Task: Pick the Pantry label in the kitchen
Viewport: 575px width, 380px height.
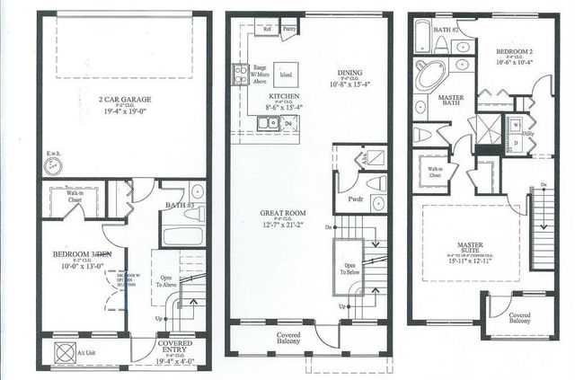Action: tap(289, 29)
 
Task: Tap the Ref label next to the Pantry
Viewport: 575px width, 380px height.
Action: tap(267, 29)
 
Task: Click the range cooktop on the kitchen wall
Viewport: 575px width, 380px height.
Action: tap(240, 75)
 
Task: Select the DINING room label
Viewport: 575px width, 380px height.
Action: tap(349, 74)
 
